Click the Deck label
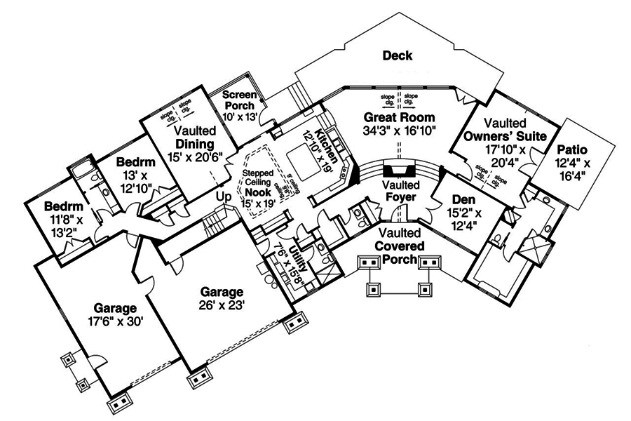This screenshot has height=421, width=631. [397, 55]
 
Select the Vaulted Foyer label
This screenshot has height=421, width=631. [401, 191]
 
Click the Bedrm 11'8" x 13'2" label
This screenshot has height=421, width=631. [64, 218]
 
